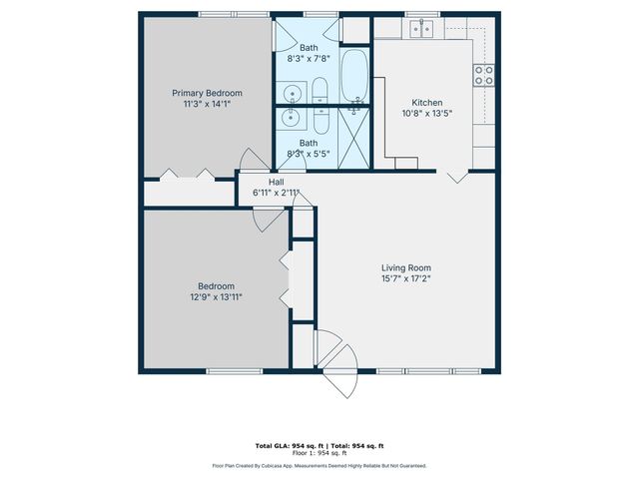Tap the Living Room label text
coord(405,267)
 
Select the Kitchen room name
coord(427,103)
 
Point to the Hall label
coord(276,182)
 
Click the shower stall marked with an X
coord(354,138)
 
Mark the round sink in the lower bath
coord(292,119)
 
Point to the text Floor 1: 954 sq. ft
coord(319,453)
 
